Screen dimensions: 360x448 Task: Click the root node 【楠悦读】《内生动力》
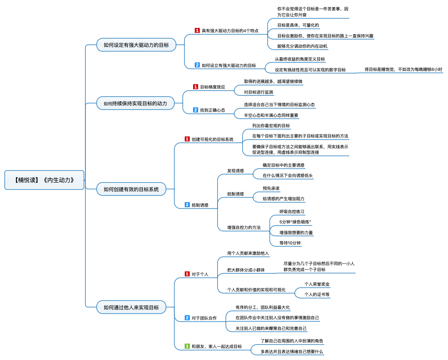tap(44, 180)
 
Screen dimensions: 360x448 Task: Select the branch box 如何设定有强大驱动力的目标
tap(136, 45)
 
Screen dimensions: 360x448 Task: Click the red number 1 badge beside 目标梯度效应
tap(196, 87)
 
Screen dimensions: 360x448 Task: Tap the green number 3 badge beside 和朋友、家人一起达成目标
tap(187, 346)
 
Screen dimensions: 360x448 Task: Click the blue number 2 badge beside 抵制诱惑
tap(187, 205)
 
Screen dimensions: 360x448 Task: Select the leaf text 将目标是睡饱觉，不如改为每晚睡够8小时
tap(403, 69)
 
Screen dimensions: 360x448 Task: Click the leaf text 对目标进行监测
tap(258, 92)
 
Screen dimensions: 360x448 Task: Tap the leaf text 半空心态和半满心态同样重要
tap(271, 115)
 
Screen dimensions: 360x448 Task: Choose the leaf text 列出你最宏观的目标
tap(271, 125)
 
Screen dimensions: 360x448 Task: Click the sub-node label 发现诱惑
tap(236, 171)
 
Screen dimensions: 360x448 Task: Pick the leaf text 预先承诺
tap(271, 188)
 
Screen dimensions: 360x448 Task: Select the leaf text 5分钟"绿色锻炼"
tap(295, 222)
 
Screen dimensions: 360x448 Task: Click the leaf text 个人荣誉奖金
tap(317, 284)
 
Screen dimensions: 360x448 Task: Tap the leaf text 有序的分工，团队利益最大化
tap(263, 308)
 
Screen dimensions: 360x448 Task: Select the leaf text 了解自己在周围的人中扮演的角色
tap(291, 341)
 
